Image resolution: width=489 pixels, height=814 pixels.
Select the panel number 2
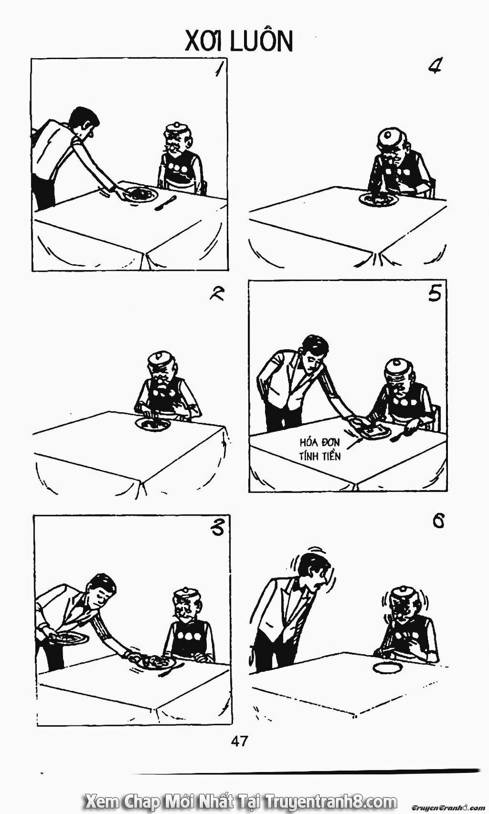pyautogui.click(x=217, y=293)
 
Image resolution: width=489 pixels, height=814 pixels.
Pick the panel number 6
pyautogui.click(x=438, y=522)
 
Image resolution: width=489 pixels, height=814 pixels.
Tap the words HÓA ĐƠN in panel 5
pyautogui.click(x=320, y=443)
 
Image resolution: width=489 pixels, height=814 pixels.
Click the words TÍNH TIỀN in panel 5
pyautogui.click(x=320, y=456)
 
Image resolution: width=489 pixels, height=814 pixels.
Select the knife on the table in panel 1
pyautogui.click(x=165, y=203)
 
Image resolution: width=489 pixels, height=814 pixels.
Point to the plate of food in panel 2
pyautogui.click(x=153, y=424)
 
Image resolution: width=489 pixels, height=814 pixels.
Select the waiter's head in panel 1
pyautogui.click(x=84, y=123)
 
